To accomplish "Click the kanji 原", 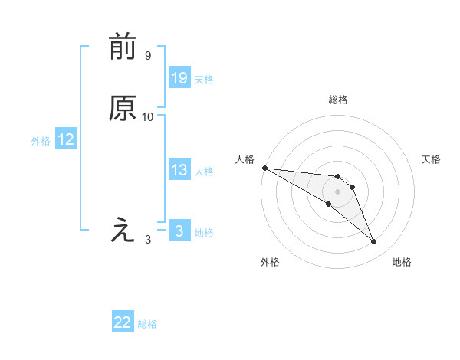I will [x=123, y=110].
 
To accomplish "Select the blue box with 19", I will [x=179, y=78].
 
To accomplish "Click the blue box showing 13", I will [x=179, y=171].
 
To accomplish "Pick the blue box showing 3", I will [x=179, y=231].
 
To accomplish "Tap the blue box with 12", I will [x=66, y=139].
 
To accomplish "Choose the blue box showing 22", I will [x=123, y=322].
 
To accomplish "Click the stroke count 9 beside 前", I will [x=147, y=56].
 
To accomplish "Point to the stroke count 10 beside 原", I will [x=148, y=117].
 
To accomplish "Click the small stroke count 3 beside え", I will [x=148, y=239].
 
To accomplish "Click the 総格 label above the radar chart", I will [x=337, y=100].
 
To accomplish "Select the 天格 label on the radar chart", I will [x=431, y=159].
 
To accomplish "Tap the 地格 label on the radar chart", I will [x=402, y=262].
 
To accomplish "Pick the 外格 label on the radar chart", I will [x=270, y=262].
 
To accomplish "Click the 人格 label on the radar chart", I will [x=245, y=159].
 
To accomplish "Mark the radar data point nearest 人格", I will [x=264, y=168].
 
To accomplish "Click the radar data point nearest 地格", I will [x=373, y=242].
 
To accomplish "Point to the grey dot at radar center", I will [x=337, y=191].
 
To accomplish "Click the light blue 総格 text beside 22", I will [x=147, y=324].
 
